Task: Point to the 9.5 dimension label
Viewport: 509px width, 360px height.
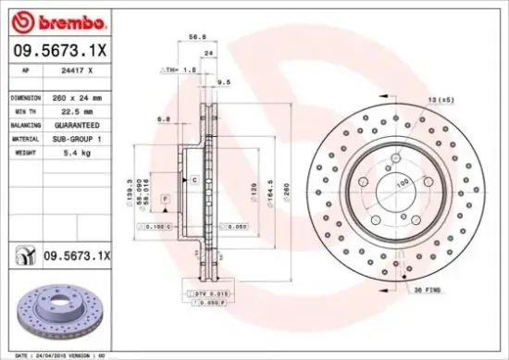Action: click(x=223, y=82)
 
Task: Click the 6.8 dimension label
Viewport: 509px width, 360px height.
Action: click(x=163, y=118)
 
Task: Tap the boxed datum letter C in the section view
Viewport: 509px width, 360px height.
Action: click(x=195, y=180)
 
